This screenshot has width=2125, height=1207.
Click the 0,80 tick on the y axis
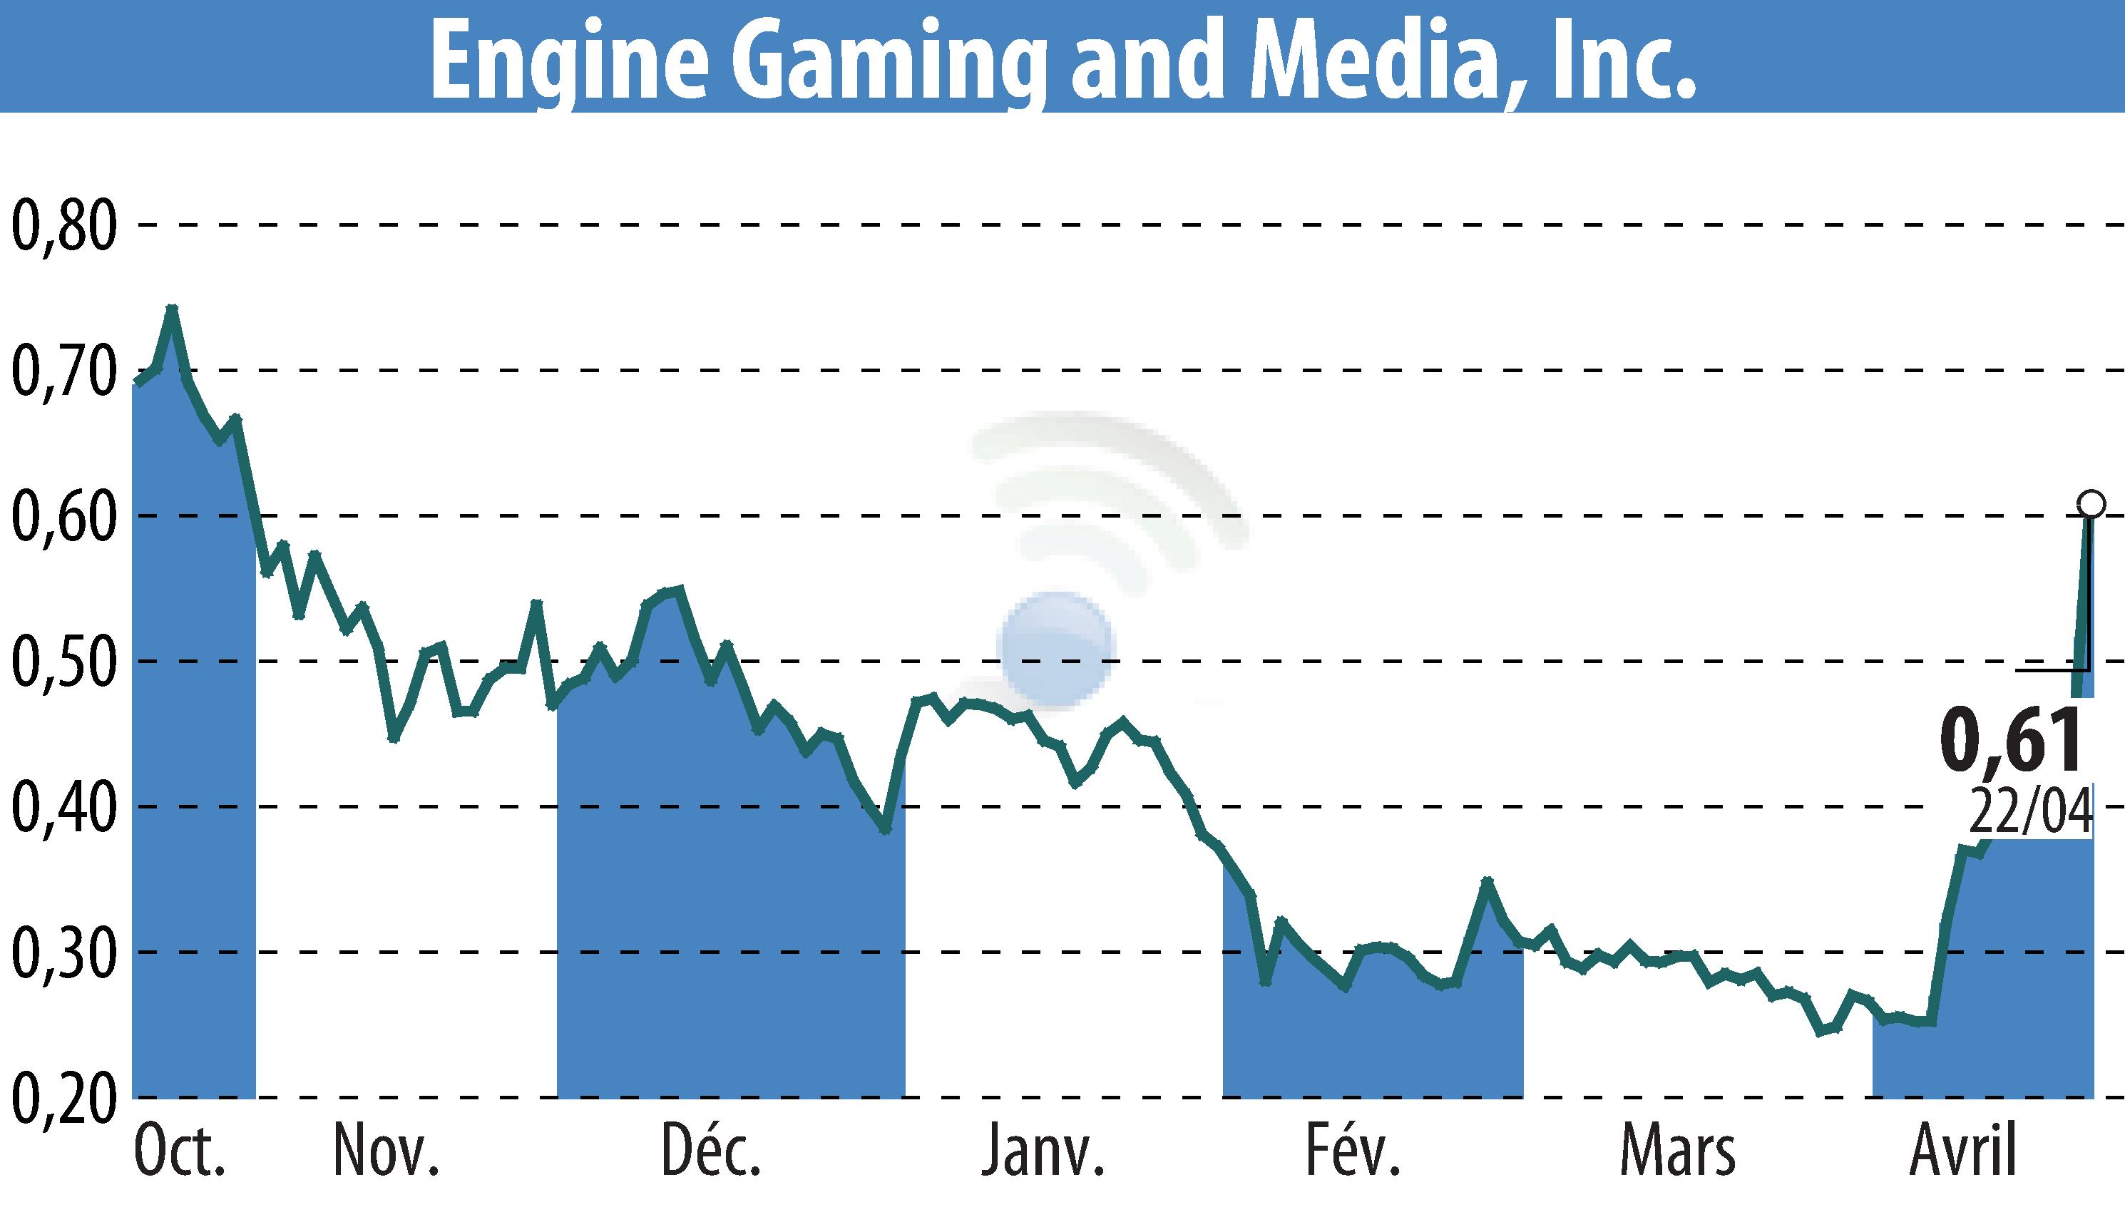tap(63, 225)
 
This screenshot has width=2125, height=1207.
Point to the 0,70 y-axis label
tap(63, 371)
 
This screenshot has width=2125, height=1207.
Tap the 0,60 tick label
tap(63, 516)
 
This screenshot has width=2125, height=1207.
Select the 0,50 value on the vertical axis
tap(63, 662)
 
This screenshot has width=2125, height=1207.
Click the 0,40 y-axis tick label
tap(63, 806)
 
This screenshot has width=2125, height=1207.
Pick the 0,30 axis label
tap(63, 952)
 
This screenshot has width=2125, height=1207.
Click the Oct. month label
tap(178, 1152)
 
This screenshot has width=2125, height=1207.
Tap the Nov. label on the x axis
tap(386, 1152)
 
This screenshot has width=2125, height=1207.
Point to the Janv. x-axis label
tap(1043, 1152)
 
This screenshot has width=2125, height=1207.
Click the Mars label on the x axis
tap(1677, 1152)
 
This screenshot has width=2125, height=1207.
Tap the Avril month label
tap(1962, 1152)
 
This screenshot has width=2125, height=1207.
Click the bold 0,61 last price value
tap(2011, 740)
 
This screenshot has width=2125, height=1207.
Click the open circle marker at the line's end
tap(2090, 503)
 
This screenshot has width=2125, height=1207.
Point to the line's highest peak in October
tap(172, 309)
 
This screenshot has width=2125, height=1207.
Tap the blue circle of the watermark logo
tap(1055, 649)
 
